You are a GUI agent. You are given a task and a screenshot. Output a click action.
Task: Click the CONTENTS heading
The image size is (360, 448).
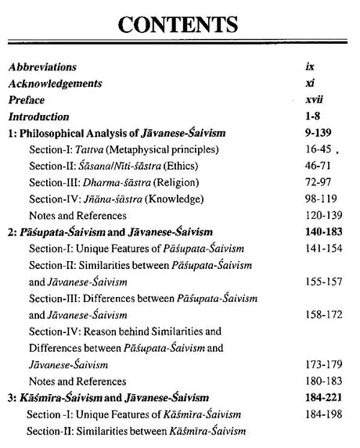(x=179, y=28)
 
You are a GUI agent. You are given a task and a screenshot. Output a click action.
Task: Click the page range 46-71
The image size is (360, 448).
(x=320, y=166)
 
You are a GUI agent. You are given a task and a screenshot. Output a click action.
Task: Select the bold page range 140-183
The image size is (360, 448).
(x=324, y=232)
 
